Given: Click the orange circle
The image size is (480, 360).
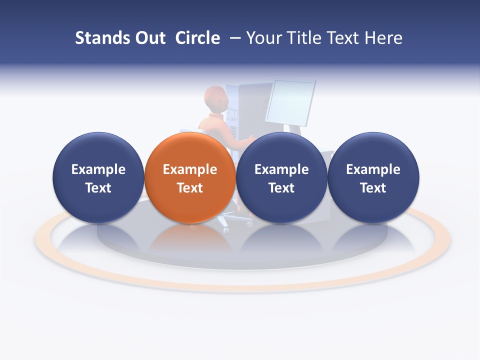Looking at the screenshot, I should pyautogui.click(x=190, y=150).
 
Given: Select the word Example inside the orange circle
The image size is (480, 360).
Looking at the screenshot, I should pyautogui.click(x=190, y=169).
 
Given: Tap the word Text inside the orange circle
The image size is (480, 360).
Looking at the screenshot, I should pyautogui.click(x=190, y=188).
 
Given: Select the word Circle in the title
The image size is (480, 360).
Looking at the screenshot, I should pyautogui.click(x=197, y=38).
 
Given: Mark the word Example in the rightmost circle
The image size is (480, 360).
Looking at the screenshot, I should pyautogui.click(x=373, y=169).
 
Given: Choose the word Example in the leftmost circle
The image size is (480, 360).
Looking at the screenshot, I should pyautogui.click(x=98, y=169).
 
